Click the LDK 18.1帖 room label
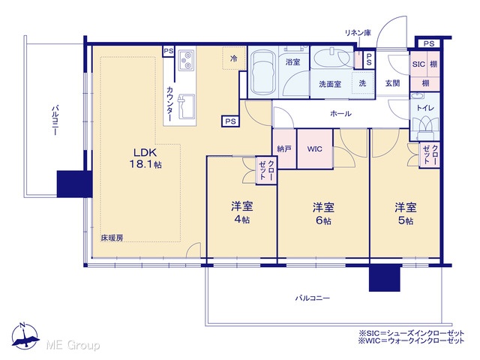[x=145, y=158]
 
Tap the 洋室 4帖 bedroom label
[x=241, y=212]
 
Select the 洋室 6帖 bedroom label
[x=323, y=213]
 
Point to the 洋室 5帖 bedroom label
[x=405, y=213]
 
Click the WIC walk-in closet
[x=315, y=149]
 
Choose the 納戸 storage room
[x=284, y=149]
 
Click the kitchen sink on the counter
[x=186, y=106]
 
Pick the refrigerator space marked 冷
[x=234, y=58]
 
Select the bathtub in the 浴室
[x=262, y=73]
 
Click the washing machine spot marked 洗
[x=362, y=83]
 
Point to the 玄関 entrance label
[x=392, y=83]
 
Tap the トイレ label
[x=425, y=108]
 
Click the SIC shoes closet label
[x=418, y=64]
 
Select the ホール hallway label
[x=340, y=114]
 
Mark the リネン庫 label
[x=358, y=33]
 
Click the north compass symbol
[x=25, y=336]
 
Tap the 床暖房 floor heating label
[x=112, y=238]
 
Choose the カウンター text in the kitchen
[x=170, y=103]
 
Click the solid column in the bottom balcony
[x=385, y=278]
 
